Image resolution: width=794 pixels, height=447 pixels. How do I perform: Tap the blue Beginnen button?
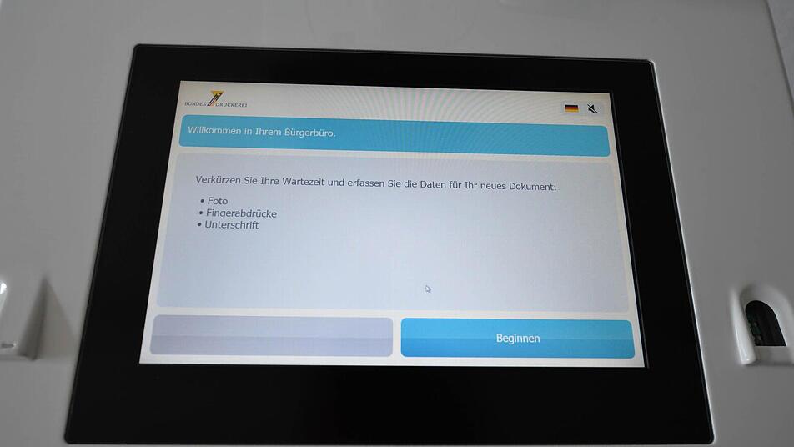pos(517,338)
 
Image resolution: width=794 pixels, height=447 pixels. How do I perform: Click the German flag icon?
pos(571,108)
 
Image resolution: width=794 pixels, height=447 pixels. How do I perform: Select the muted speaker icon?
pos(592,109)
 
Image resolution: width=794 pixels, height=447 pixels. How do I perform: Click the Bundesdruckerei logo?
pos(216,100)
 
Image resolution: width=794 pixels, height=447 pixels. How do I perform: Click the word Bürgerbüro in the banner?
pos(309,133)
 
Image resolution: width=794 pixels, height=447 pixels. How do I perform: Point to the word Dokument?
pos(532,186)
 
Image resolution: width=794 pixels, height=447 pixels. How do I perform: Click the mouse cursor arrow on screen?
pos(428,289)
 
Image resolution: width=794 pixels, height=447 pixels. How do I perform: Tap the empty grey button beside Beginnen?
pos(271,335)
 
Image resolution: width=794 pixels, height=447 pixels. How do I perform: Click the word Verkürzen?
pos(219,179)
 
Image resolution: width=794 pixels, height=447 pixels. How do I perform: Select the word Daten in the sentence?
pos(432,184)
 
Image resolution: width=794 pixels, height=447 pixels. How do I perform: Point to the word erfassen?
pos(365,183)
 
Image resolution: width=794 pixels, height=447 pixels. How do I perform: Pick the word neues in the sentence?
pos(493,186)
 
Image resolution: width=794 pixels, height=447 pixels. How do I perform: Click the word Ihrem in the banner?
pos(267,132)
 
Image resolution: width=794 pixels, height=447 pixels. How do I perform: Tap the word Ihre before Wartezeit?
pos(269,181)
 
